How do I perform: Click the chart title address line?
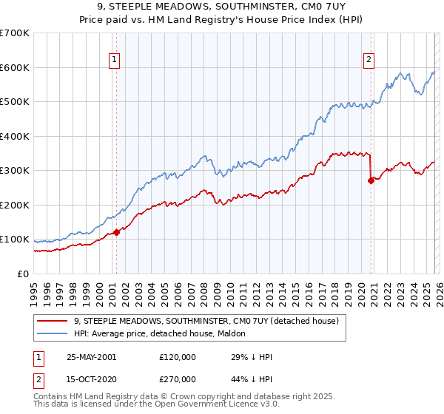click(x=221, y=8)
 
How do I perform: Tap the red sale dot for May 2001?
click(x=116, y=232)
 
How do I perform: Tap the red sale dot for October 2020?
click(x=371, y=180)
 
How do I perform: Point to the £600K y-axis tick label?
click(x=15, y=67)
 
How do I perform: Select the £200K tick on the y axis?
click(x=15, y=205)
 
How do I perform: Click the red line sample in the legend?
click(x=52, y=321)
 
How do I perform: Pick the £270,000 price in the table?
click(x=178, y=378)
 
